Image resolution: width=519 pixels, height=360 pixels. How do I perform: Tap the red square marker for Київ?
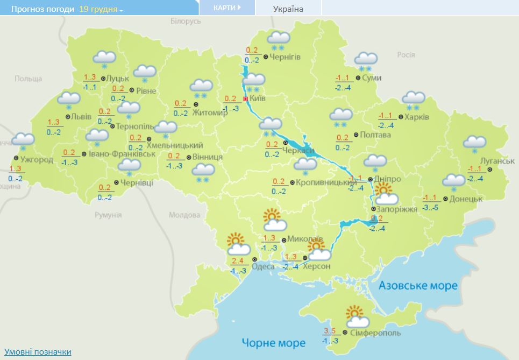[246, 99]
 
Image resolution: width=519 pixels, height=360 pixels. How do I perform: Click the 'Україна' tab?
[288, 9]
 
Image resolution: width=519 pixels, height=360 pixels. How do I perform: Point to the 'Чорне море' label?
[273, 343]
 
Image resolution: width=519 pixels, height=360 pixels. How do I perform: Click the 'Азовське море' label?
[418, 285]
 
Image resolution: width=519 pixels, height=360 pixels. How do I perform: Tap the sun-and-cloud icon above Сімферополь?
[357, 317]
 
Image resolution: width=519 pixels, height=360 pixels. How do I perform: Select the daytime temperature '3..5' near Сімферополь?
[330, 331]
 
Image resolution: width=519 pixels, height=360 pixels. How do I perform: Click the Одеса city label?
[263, 266]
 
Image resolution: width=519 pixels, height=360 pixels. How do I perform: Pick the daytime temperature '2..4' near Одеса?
[237, 261]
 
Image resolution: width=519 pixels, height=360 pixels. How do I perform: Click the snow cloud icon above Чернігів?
[279, 39]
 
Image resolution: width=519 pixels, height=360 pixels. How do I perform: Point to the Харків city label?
[417, 117]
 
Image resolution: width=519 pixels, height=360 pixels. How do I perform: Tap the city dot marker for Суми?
[358, 77]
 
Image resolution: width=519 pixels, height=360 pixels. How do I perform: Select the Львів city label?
[82, 117]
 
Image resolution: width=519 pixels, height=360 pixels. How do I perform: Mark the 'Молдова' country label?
[184, 215]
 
